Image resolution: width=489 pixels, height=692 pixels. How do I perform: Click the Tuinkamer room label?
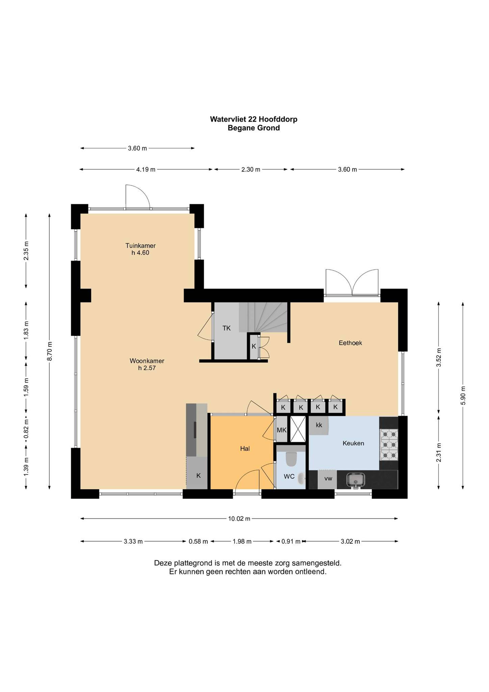[140, 246]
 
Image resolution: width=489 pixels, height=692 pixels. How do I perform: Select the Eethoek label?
[350, 343]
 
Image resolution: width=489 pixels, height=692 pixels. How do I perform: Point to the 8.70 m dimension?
[50, 351]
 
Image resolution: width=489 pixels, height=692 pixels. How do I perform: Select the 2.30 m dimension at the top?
[251, 169]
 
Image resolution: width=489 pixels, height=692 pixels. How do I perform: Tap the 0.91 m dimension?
[291, 541]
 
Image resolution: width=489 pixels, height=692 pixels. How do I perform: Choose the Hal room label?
[245, 449]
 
